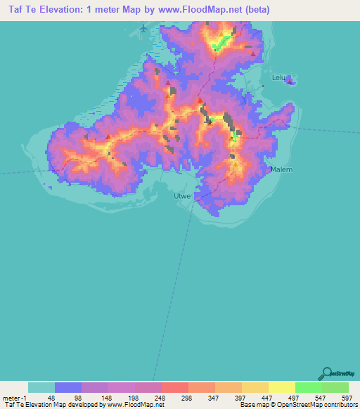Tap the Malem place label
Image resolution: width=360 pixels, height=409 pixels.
coord(281,169)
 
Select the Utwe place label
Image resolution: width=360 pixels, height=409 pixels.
coord(182,197)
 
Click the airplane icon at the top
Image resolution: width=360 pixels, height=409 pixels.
coord(144,27)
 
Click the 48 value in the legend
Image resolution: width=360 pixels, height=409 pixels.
coord(51,397)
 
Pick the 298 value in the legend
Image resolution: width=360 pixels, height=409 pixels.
coord(186,397)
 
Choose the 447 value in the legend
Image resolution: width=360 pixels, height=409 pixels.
coord(267,397)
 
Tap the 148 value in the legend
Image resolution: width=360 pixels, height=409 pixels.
coord(105,397)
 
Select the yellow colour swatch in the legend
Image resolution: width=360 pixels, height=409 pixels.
coord(282,387)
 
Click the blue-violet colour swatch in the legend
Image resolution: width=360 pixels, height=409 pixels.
coord(68,387)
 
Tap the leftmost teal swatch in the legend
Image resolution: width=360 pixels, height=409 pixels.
coord(41,387)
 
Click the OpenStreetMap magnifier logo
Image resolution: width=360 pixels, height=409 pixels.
coord(326,373)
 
